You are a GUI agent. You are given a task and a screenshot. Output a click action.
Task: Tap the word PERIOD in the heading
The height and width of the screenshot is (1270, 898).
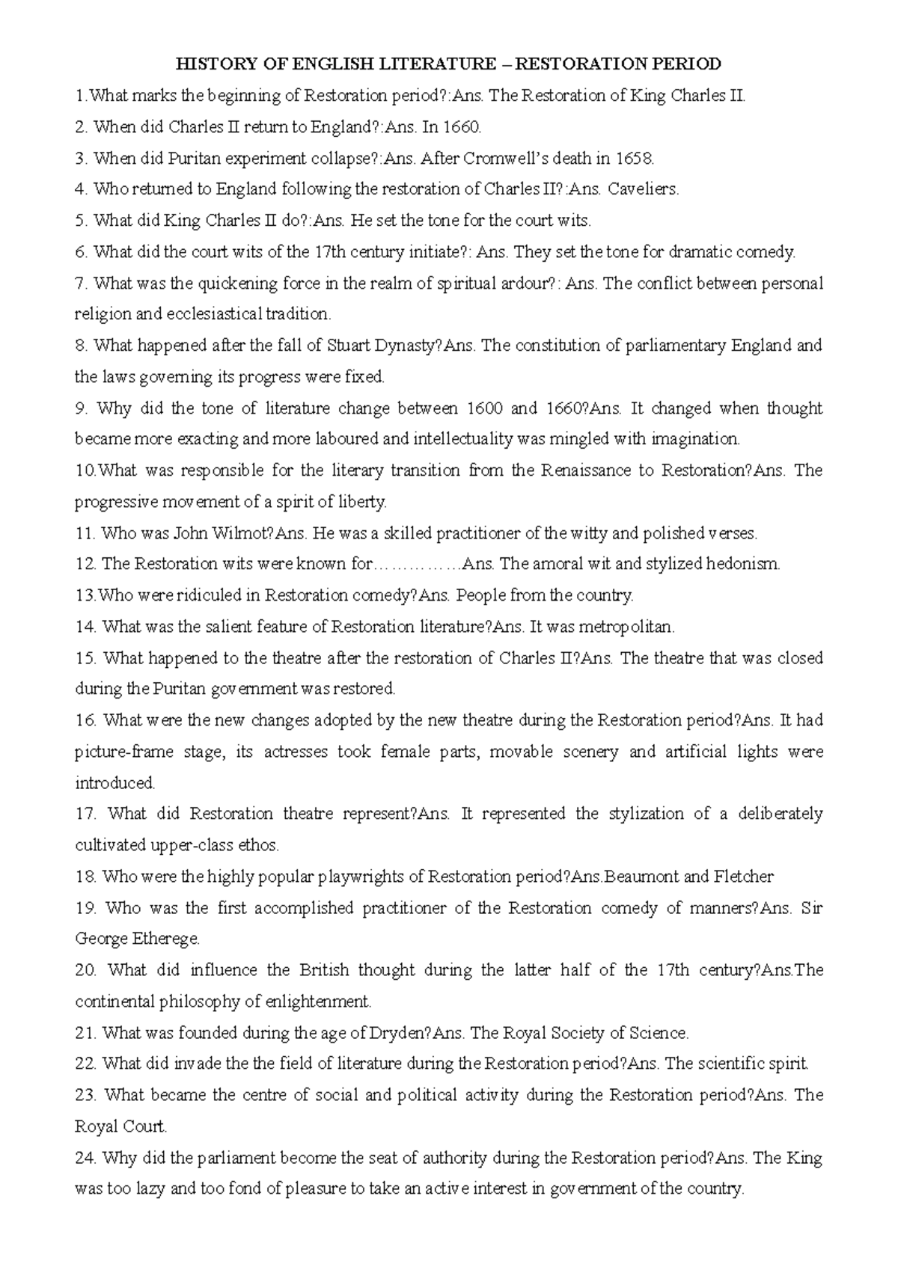click(x=683, y=64)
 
